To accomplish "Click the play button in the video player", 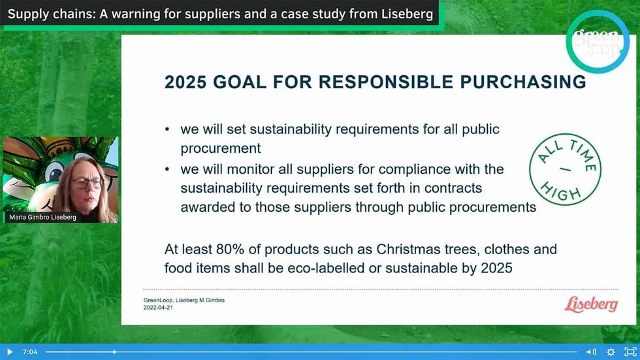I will point(9,352).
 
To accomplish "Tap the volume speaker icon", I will point(590,352).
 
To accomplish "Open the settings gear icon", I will point(611,352).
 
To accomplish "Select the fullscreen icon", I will point(630,352).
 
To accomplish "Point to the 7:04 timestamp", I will point(30,352).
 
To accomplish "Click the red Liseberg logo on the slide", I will point(590,304).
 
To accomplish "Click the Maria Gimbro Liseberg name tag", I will point(43,218).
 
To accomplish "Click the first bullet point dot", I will point(168,129).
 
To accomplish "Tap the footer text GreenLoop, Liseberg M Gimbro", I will point(184,300).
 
